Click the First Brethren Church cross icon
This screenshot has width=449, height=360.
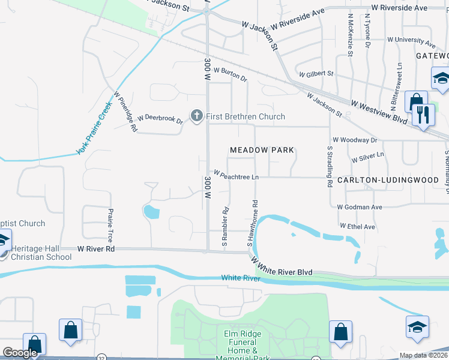tap(196, 116)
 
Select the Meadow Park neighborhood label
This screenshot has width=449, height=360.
tap(263, 150)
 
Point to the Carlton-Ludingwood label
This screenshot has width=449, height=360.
tap(388, 180)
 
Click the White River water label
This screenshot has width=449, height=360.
tap(240, 278)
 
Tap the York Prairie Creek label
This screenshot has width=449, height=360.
tap(94, 128)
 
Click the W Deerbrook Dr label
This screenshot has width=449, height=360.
tap(160, 119)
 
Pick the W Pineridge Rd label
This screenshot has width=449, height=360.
tap(126, 112)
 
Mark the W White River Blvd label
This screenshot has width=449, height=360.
tap(282, 268)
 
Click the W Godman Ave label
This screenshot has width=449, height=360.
tap(360, 207)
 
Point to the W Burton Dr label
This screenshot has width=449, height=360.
tap(230, 74)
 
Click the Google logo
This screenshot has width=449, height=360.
tap(20, 353)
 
